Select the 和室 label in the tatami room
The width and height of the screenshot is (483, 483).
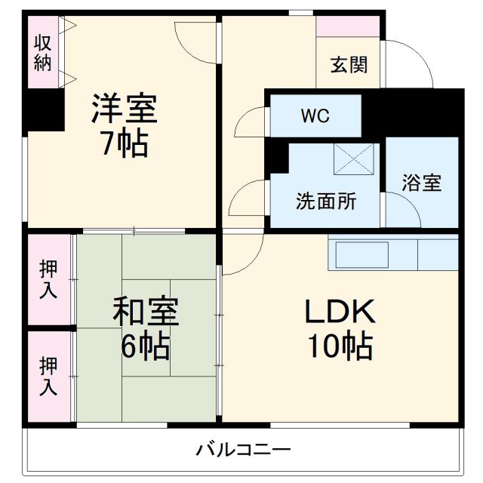[146, 312]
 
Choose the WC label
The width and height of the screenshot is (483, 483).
[315, 117]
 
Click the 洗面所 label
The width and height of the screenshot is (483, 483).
[326, 202]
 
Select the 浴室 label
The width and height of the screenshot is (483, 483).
[421, 183]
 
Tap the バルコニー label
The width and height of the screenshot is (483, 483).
[243, 451]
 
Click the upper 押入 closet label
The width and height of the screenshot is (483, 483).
[48, 279]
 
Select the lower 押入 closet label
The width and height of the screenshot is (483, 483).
[48, 375]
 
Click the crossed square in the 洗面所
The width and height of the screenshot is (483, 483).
[355, 158]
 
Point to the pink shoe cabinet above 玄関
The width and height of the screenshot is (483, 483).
[348, 26]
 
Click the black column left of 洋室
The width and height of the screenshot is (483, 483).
[42, 110]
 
